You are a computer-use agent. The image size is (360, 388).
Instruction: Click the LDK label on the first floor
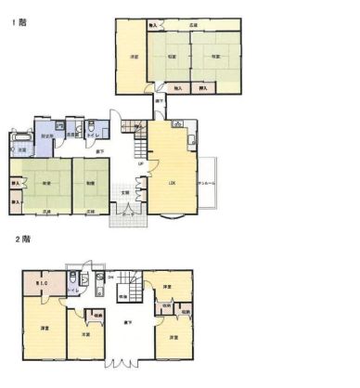[172, 183]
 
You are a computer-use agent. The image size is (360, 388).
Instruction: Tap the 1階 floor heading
[19, 21]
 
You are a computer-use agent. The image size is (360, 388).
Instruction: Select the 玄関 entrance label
[125, 194]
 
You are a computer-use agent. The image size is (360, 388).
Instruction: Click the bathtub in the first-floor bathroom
[19, 139]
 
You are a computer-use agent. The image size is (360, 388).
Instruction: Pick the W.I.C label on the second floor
[42, 282]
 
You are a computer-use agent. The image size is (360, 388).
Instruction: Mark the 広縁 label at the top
[193, 24]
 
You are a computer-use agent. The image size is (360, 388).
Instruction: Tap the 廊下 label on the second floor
[128, 321]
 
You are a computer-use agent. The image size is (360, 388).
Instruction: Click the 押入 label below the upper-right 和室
[202, 88]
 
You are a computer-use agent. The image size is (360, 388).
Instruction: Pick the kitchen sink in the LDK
[191, 141]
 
